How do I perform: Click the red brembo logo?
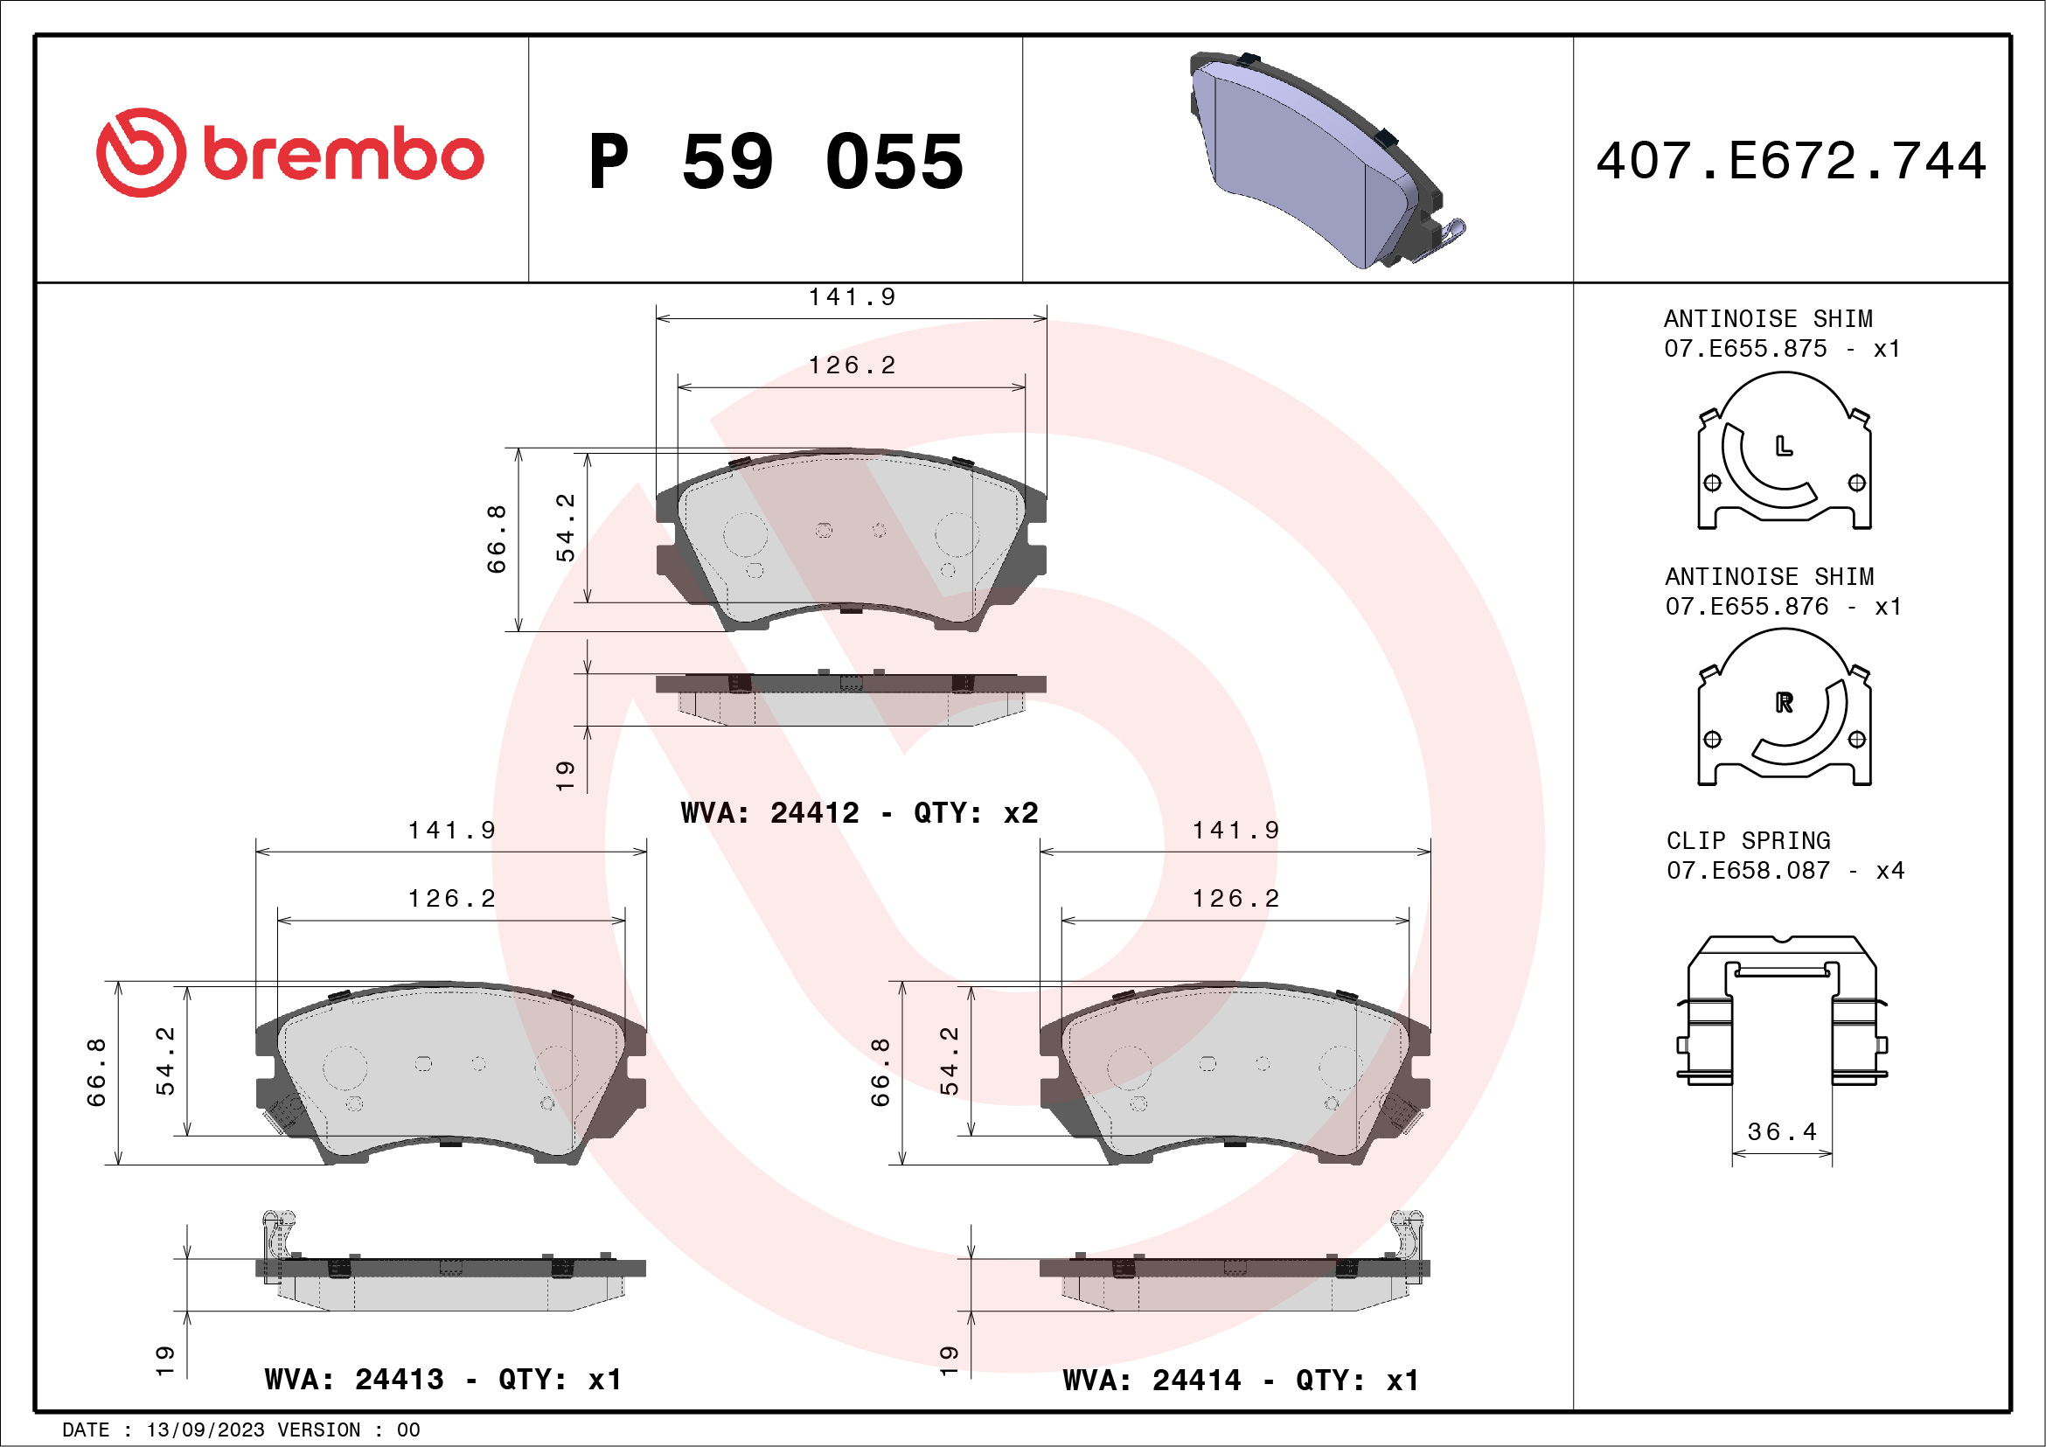coord(289,153)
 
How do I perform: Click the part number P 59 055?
coord(776,162)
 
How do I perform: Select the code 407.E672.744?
coord(1792,161)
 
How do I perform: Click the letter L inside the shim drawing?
coord(1783,446)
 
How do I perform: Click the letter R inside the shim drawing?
coord(1783,702)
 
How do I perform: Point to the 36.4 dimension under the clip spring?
coord(1781,1131)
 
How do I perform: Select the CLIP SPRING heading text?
coord(1748,840)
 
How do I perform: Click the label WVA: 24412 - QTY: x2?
coord(859,812)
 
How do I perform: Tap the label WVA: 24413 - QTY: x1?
coord(443,1380)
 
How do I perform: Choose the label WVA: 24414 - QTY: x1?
coord(1241,1381)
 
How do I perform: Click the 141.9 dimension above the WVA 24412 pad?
coord(851,296)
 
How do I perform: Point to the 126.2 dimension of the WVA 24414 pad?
coord(1235,898)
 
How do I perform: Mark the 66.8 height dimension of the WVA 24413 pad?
coord(96,1072)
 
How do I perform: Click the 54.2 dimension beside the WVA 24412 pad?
coord(566,527)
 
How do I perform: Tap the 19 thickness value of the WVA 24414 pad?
coord(949,1360)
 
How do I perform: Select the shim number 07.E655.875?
coord(1745,348)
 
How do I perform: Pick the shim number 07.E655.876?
coord(1746,606)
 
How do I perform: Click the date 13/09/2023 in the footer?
coord(205,1430)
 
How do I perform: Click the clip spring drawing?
coord(1781,1012)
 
